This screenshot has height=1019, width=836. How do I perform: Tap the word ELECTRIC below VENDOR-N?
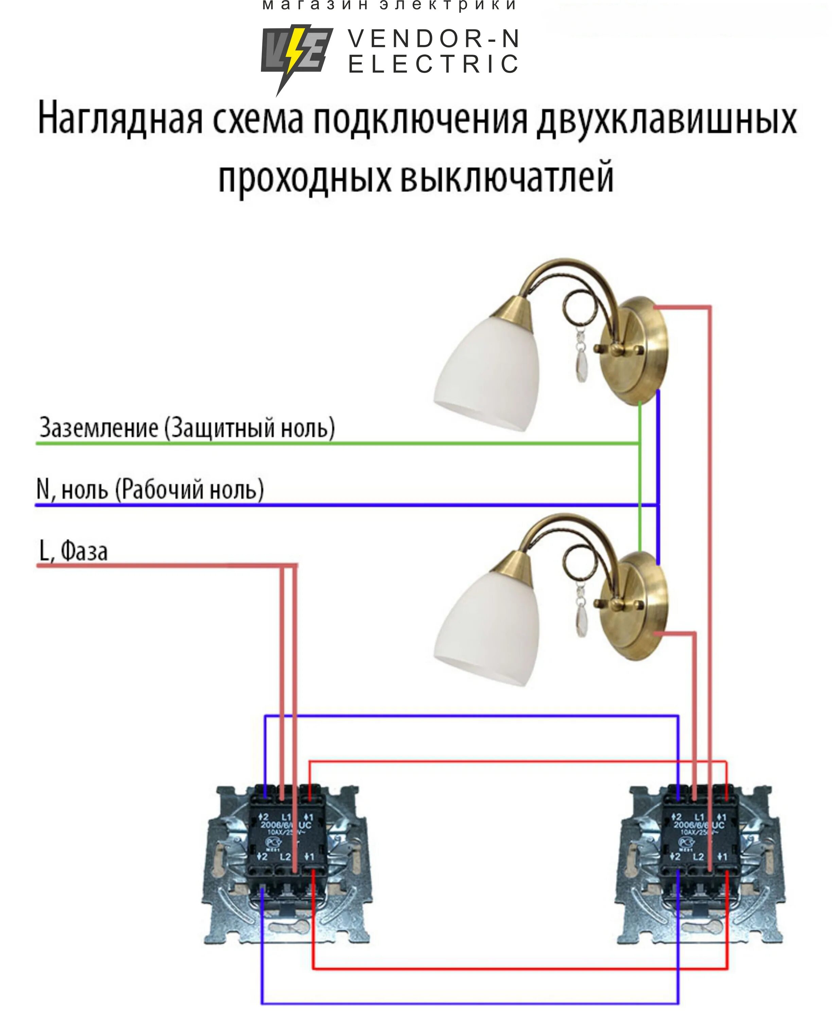(433, 65)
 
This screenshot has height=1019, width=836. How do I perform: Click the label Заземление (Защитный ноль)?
(187, 428)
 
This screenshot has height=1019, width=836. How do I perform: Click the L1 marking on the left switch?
(286, 817)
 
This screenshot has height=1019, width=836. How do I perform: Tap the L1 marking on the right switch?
(699, 817)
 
